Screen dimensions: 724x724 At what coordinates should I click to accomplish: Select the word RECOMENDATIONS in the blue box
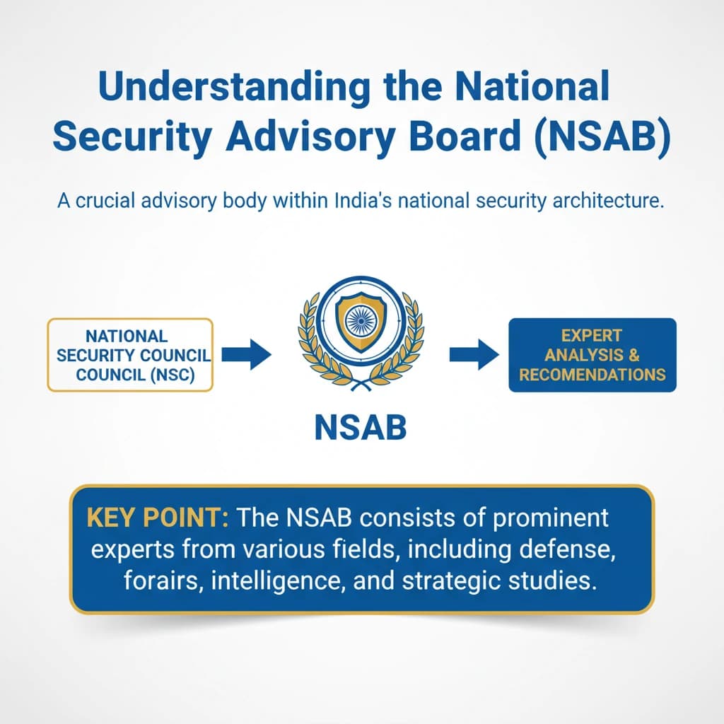click(592, 374)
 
